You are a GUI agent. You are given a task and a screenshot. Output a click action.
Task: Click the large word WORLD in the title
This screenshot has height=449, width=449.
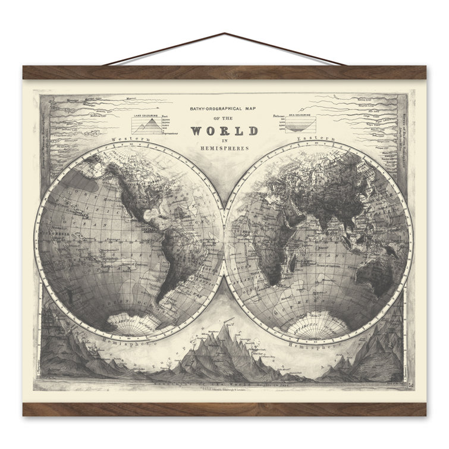(x=224, y=131)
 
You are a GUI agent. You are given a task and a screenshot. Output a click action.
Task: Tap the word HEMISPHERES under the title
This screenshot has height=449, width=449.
(x=224, y=148)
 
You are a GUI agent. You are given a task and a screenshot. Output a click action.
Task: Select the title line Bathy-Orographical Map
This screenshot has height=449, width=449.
(x=224, y=109)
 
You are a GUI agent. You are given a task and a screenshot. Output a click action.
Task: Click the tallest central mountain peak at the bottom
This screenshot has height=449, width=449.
(x=225, y=326)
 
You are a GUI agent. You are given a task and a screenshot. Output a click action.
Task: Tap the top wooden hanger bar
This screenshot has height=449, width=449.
(x=224, y=73)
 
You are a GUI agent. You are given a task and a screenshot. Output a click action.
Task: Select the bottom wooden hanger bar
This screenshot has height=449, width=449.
(x=224, y=409)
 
